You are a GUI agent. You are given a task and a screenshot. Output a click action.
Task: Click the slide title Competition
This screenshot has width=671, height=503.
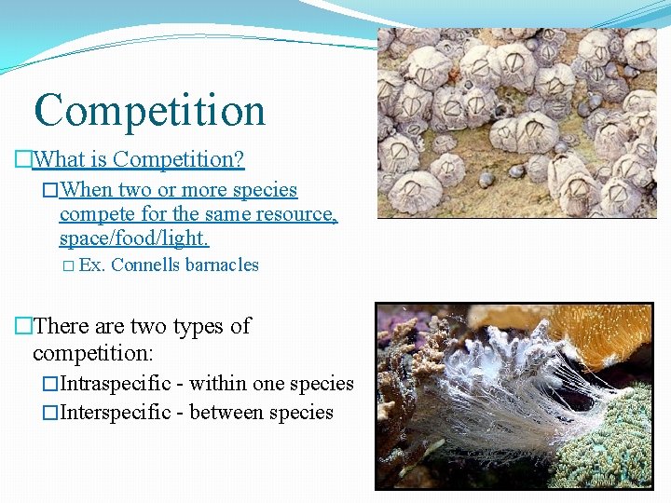(149, 110)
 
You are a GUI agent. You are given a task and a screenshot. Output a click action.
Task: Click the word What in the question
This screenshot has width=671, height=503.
(59, 159)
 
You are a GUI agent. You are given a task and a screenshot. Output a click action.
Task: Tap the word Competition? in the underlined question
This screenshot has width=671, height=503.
(178, 159)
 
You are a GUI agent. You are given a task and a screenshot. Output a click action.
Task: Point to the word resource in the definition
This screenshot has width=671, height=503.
(294, 214)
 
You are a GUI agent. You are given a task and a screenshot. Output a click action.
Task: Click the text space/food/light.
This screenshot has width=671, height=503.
(133, 238)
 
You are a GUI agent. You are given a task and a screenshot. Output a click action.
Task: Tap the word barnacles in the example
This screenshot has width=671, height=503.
(222, 265)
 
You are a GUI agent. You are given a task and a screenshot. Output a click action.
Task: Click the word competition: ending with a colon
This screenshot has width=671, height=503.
(93, 354)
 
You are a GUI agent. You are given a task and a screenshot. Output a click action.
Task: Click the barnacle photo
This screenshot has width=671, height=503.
(516, 121)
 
